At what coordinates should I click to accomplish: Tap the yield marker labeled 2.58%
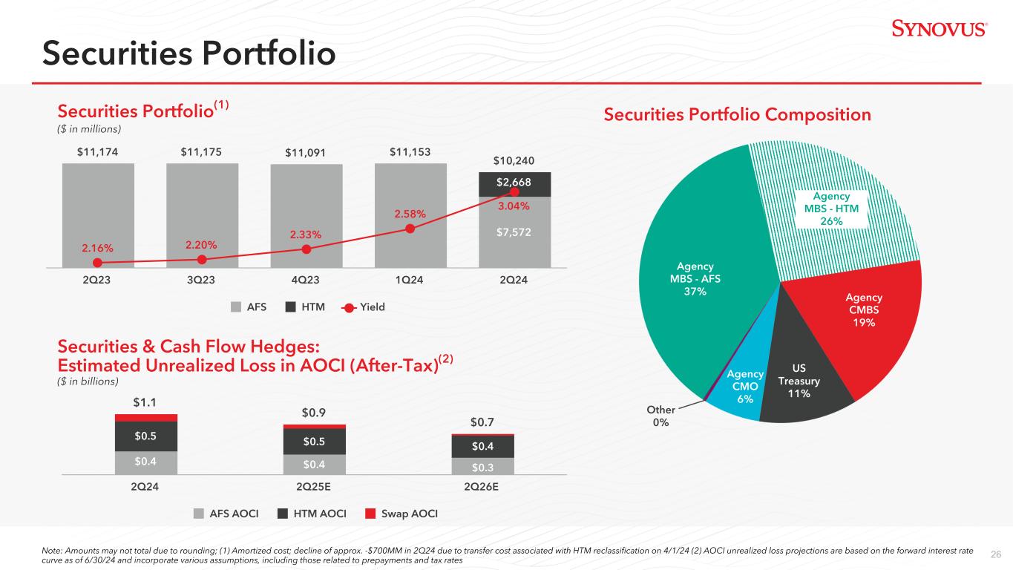pyautogui.click(x=410, y=228)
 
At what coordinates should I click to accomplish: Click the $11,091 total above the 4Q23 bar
pyautogui.click(x=306, y=154)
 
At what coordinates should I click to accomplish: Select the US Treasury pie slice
pyautogui.click(x=798, y=379)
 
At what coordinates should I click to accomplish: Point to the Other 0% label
pyautogui.click(x=660, y=416)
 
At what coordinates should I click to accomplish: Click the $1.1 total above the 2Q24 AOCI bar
pyautogui.click(x=145, y=402)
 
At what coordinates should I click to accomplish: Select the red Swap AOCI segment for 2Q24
pyautogui.click(x=146, y=417)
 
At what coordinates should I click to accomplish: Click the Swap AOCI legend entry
pyautogui.click(x=401, y=513)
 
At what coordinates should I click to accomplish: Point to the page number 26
pyautogui.click(x=996, y=553)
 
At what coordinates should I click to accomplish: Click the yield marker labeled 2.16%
pyautogui.click(x=97, y=262)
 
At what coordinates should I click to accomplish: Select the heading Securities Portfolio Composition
pyautogui.click(x=737, y=115)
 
